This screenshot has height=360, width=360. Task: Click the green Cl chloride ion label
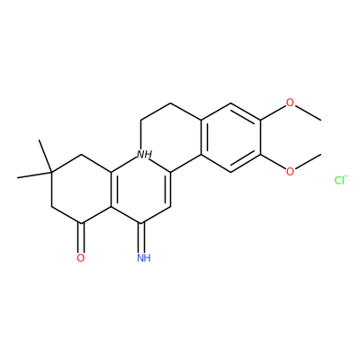click(x=339, y=180)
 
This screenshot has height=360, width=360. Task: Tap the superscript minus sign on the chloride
click(x=346, y=176)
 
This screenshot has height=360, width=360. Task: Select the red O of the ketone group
click(x=81, y=257)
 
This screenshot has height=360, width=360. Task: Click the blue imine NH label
click(x=144, y=257)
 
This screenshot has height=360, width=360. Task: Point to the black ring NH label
click(x=144, y=155)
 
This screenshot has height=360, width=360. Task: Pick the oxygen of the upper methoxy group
click(x=290, y=103)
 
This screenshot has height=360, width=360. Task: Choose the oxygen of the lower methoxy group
click(x=290, y=172)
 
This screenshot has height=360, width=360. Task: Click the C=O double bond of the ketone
click(x=81, y=238)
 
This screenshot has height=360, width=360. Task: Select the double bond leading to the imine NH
click(x=141, y=238)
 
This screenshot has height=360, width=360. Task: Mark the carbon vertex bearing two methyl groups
click(x=51, y=173)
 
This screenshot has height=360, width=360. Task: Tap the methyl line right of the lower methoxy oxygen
click(x=308, y=162)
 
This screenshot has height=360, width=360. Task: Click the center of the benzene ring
click(x=230, y=138)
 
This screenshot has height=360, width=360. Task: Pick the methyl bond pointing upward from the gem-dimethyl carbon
click(x=45, y=156)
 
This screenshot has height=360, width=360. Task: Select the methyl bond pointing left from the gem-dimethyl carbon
click(x=34, y=175)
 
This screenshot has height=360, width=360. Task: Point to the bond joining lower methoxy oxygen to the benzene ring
click(x=273, y=162)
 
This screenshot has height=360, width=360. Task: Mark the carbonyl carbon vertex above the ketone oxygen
click(x=81, y=223)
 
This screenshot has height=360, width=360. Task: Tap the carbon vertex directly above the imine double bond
click(x=141, y=223)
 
